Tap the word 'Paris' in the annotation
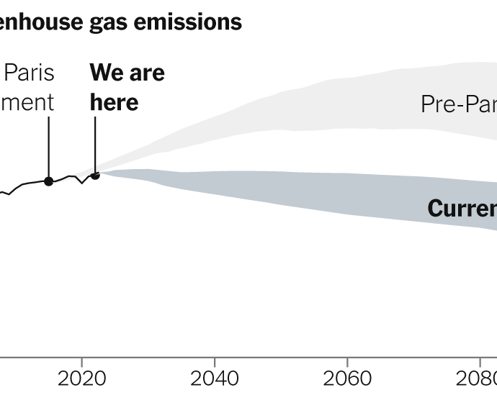pyautogui.click(x=30, y=73)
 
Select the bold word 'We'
pyautogui.click(x=106, y=73)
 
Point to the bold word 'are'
pyautogui.click(x=147, y=73)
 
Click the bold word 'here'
pyautogui.click(x=114, y=102)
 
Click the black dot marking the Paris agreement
pyautogui.click(x=48, y=181)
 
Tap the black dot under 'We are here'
pyautogui.click(x=95, y=175)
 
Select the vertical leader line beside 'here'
pyautogui.click(x=95, y=144)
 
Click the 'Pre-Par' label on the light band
pyautogui.click(x=458, y=104)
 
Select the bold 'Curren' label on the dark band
pyautogui.click(x=462, y=209)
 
